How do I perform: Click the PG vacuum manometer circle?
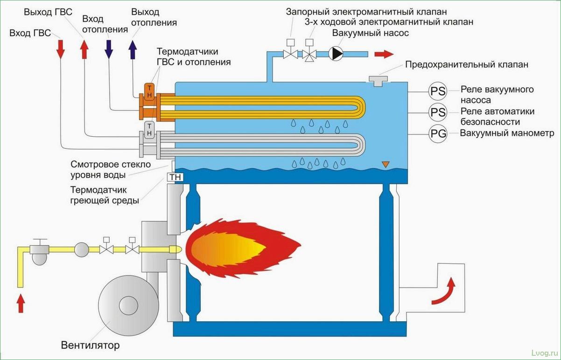tap(438, 134)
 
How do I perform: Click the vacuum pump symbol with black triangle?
tap(335, 53)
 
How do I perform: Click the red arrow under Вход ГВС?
tap(60, 49)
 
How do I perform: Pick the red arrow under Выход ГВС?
tap(84, 49)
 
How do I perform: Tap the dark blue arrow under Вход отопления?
tap(109, 49)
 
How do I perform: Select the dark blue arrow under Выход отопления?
tap(133, 49)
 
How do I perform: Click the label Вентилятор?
tap(90, 346)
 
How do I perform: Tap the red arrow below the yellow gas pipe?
tap(21, 304)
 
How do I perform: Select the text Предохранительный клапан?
tap(467, 65)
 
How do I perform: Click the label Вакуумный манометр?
tap(507, 134)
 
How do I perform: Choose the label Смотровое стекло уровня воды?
tap(111, 170)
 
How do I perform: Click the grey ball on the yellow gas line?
tap(81, 249)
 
